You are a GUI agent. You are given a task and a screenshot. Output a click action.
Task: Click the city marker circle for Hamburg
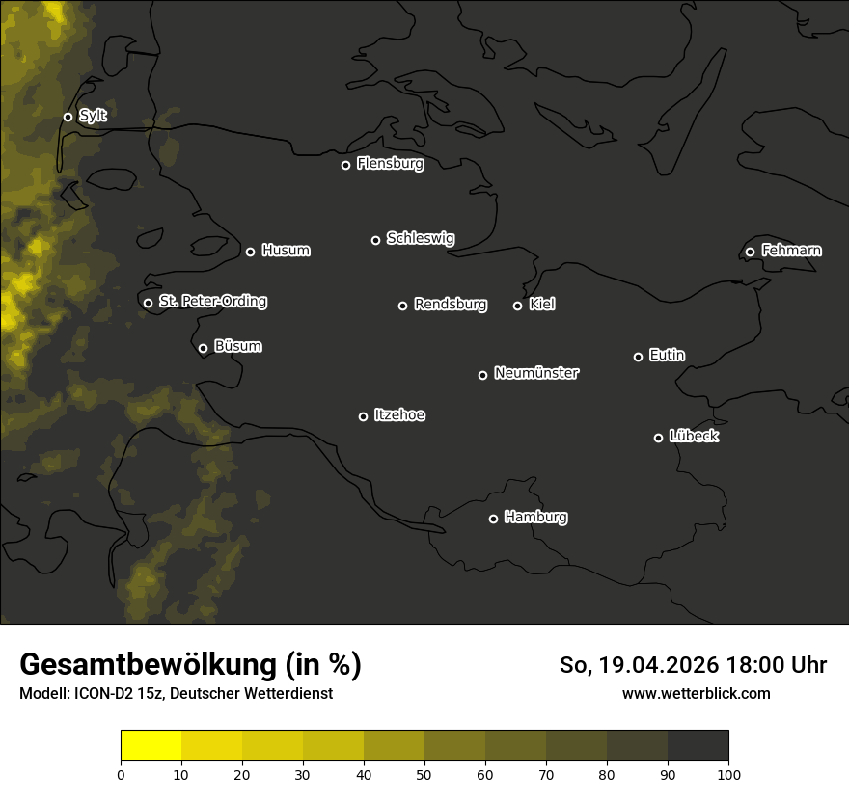pos(493,519)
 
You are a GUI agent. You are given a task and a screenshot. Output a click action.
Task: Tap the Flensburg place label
pos(390,164)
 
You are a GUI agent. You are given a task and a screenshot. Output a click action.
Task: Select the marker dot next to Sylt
pos(68,117)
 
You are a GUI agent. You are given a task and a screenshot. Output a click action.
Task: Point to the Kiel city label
pos(542,305)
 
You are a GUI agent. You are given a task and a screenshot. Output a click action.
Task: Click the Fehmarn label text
pos(791,251)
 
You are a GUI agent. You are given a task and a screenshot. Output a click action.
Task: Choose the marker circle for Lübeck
pos(658,438)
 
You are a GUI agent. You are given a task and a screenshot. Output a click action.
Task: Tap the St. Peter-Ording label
pos(212,302)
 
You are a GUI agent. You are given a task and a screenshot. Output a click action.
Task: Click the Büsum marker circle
pos(203,349)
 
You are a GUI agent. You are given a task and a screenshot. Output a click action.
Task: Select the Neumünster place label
pos(536,373)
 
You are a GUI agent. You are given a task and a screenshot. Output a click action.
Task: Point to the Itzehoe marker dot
pos(363,416)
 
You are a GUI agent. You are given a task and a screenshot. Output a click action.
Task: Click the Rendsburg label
pos(451,305)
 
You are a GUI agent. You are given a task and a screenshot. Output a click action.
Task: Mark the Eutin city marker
pos(638,357)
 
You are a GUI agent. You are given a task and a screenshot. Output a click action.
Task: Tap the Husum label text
pos(286,251)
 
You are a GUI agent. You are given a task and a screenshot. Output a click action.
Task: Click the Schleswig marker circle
pos(375,240)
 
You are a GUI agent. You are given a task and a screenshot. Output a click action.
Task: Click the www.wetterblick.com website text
pos(696,693)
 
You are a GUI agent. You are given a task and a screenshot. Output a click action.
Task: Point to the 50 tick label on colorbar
pos(424,774)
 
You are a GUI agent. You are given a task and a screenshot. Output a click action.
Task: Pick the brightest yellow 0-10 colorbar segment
pos(151,746)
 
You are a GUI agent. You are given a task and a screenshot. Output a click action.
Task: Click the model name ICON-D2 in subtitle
pos(102,693)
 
